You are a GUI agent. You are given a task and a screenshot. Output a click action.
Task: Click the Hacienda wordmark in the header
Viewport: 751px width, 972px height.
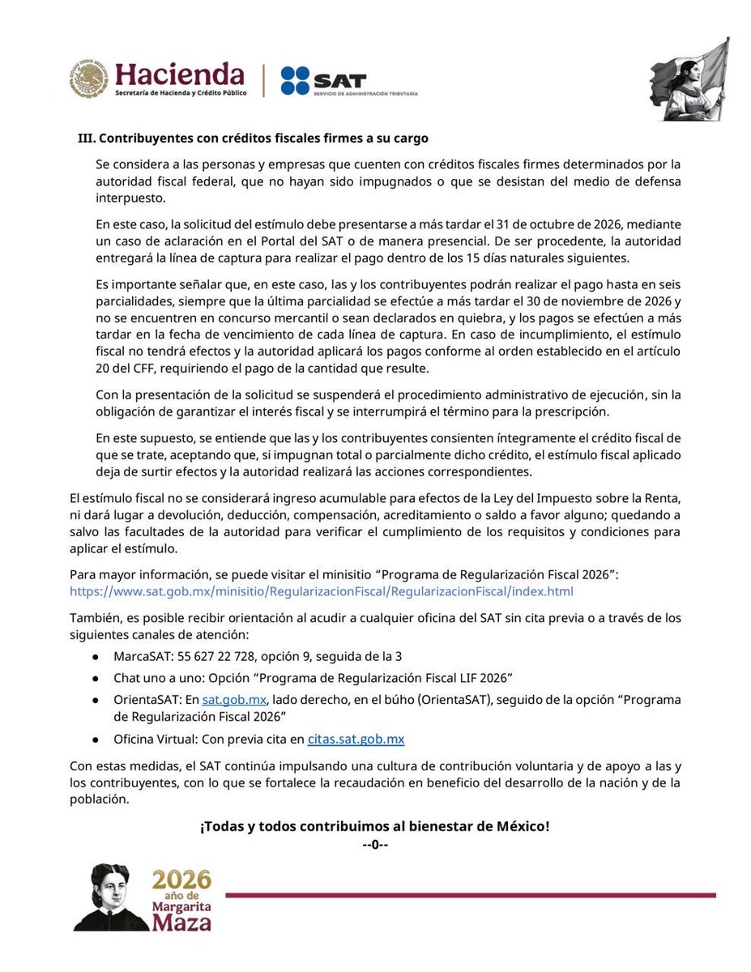tap(179, 75)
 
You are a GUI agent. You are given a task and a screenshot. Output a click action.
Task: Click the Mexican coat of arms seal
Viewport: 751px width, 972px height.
tap(87, 79)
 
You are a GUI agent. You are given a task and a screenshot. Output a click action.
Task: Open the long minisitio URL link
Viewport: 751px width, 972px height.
tap(322, 591)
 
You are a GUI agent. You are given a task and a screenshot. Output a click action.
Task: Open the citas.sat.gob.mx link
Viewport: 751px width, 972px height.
tap(356, 739)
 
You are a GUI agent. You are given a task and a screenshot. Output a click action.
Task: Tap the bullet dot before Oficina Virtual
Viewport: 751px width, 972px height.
tap(96, 740)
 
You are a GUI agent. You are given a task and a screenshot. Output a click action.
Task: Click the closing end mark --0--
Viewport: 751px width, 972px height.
tap(375, 846)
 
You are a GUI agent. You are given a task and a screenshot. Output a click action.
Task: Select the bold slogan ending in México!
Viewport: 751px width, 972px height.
tap(375, 827)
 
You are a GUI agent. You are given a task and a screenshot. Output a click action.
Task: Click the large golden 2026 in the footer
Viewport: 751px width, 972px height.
tap(182, 880)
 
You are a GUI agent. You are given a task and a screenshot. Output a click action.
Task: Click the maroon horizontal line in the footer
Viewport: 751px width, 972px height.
tap(470, 895)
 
